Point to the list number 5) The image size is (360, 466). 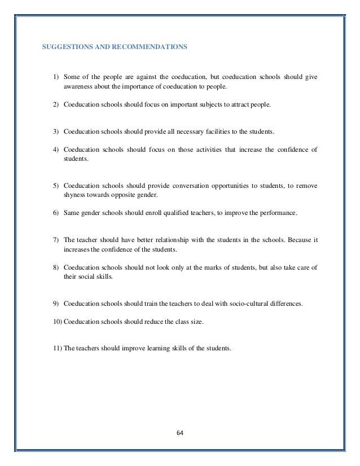pyautogui.click(x=56, y=185)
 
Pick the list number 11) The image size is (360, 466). pyautogui.click(x=58, y=348)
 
